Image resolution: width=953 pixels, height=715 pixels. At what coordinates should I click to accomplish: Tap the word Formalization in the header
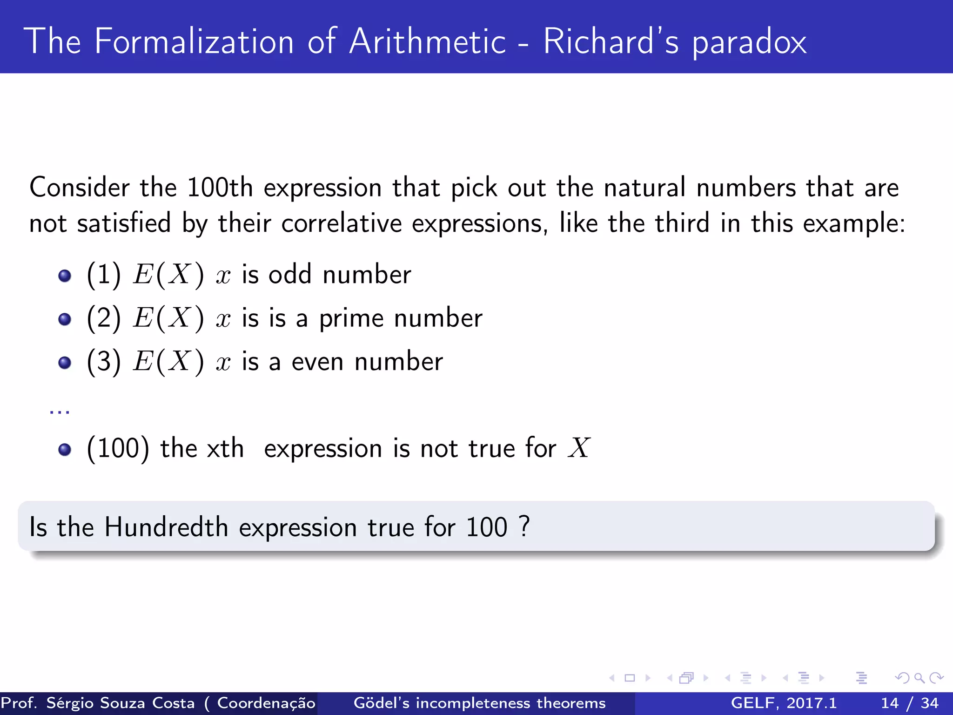(x=194, y=42)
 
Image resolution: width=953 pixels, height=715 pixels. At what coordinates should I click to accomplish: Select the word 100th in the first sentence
(x=220, y=188)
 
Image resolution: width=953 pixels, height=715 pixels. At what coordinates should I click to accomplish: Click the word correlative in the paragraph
(x=341, y=223)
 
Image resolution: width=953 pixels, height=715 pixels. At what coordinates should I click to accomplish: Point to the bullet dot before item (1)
(x=65, y=276)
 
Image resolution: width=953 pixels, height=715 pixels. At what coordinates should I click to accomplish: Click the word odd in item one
(x=289, y=275)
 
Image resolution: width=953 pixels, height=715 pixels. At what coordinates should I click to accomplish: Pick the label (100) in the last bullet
(x=118, y=449)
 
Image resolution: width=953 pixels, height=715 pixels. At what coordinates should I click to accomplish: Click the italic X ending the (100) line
(x=579, y=448)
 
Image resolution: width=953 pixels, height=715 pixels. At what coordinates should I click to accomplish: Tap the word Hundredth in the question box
(x=166, y=527)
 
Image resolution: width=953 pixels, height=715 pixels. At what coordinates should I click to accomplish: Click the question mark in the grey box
(x=524, y=526)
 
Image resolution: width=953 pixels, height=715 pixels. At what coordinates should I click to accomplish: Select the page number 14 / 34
(x=909, y=703)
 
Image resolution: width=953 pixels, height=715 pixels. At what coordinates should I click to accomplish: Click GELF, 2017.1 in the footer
(x=784, y=703)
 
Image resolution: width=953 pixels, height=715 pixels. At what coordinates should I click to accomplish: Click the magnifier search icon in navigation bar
(x=919, y=678)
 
